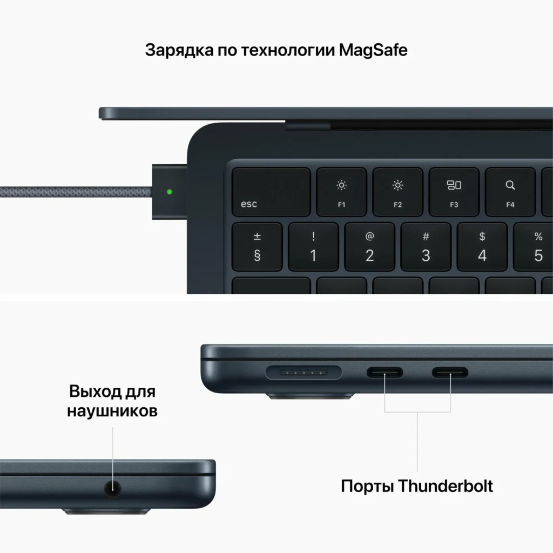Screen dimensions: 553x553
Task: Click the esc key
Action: [271, 192]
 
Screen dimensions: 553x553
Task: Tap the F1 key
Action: [342, 192]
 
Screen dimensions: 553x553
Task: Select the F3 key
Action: [454, 192]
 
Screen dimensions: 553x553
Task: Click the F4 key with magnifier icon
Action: [510, 192]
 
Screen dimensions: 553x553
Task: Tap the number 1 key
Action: [313, 247]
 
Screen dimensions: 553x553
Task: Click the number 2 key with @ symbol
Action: [370, 247]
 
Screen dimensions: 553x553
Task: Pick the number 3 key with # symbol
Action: [426, 247]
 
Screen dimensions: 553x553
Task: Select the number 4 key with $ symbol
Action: [482, 247]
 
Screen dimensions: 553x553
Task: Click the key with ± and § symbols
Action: [257, 247]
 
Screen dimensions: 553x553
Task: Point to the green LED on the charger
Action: [170, 191]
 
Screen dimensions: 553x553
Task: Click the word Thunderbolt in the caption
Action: [446, 485]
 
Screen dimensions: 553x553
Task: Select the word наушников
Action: [112, 411]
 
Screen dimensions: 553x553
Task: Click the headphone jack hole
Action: [112, 489]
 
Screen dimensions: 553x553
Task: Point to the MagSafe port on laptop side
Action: [304, 373]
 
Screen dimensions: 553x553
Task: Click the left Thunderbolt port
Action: [385, 373]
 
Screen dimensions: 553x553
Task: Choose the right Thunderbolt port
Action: [450, 373]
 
